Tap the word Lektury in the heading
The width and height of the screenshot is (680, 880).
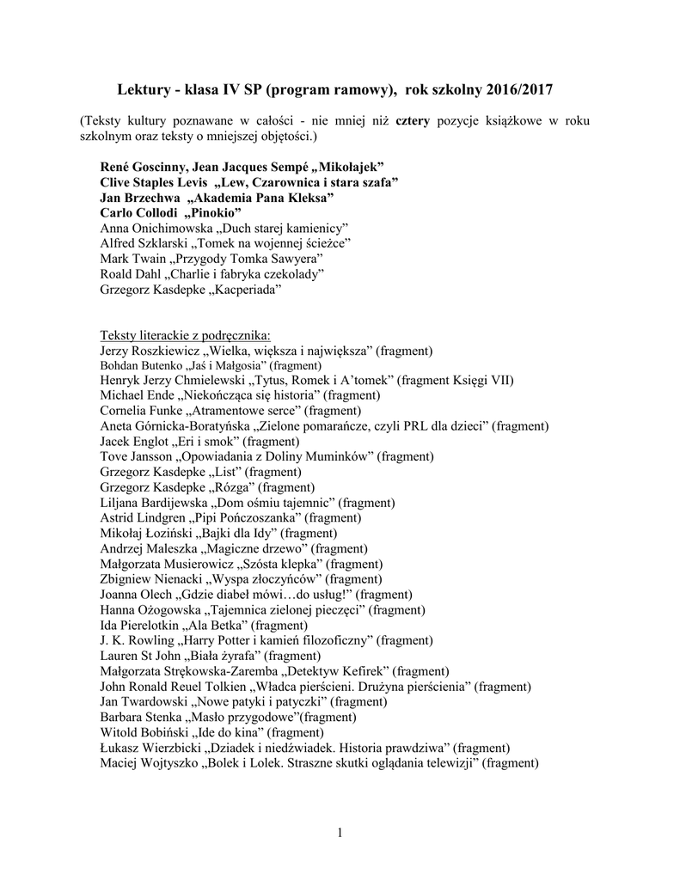[144, 89]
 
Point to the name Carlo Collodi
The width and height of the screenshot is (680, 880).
[138, 212]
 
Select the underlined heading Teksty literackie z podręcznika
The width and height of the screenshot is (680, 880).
[186, 335]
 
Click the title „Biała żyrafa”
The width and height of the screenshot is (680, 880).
[226, 656]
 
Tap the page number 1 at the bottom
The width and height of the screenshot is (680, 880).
[340, 832]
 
